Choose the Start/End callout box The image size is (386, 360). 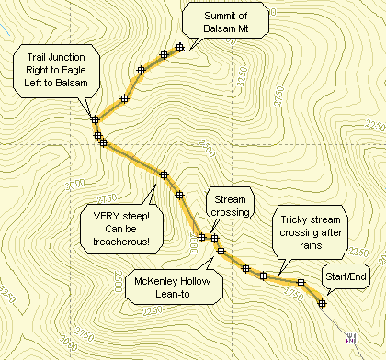[x=344, y=276]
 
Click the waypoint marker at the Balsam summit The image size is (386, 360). [x=180, y=47]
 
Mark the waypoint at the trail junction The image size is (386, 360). [x=95, y=118]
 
